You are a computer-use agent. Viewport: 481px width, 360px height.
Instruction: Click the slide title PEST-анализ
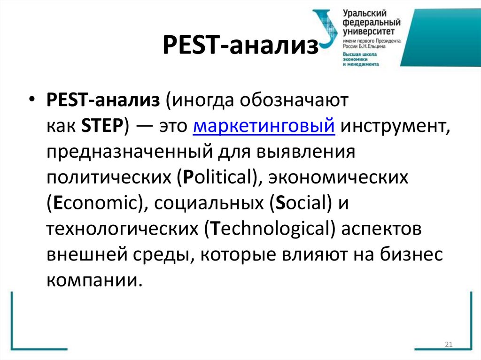(x=240, y=47)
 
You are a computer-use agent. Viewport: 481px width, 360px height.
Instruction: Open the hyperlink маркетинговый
(x=264, y=127)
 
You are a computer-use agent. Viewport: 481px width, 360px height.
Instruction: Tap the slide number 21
(x=448, y=345)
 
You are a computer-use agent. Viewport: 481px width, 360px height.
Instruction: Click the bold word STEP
(x=102, y=127)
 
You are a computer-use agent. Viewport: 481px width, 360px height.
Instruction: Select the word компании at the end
(x=93, y=281)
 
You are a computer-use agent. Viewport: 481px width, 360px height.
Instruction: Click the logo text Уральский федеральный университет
(x=371, y=22)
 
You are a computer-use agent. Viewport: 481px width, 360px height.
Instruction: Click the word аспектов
(x=381, y=230)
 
